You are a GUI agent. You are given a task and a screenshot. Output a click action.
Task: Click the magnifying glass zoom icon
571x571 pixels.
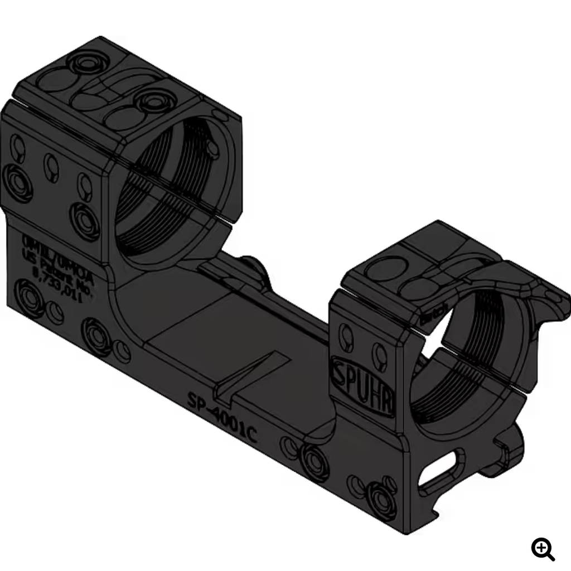click(543, 549)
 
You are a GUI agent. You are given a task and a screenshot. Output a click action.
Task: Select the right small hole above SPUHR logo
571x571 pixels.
click(380, 355)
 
